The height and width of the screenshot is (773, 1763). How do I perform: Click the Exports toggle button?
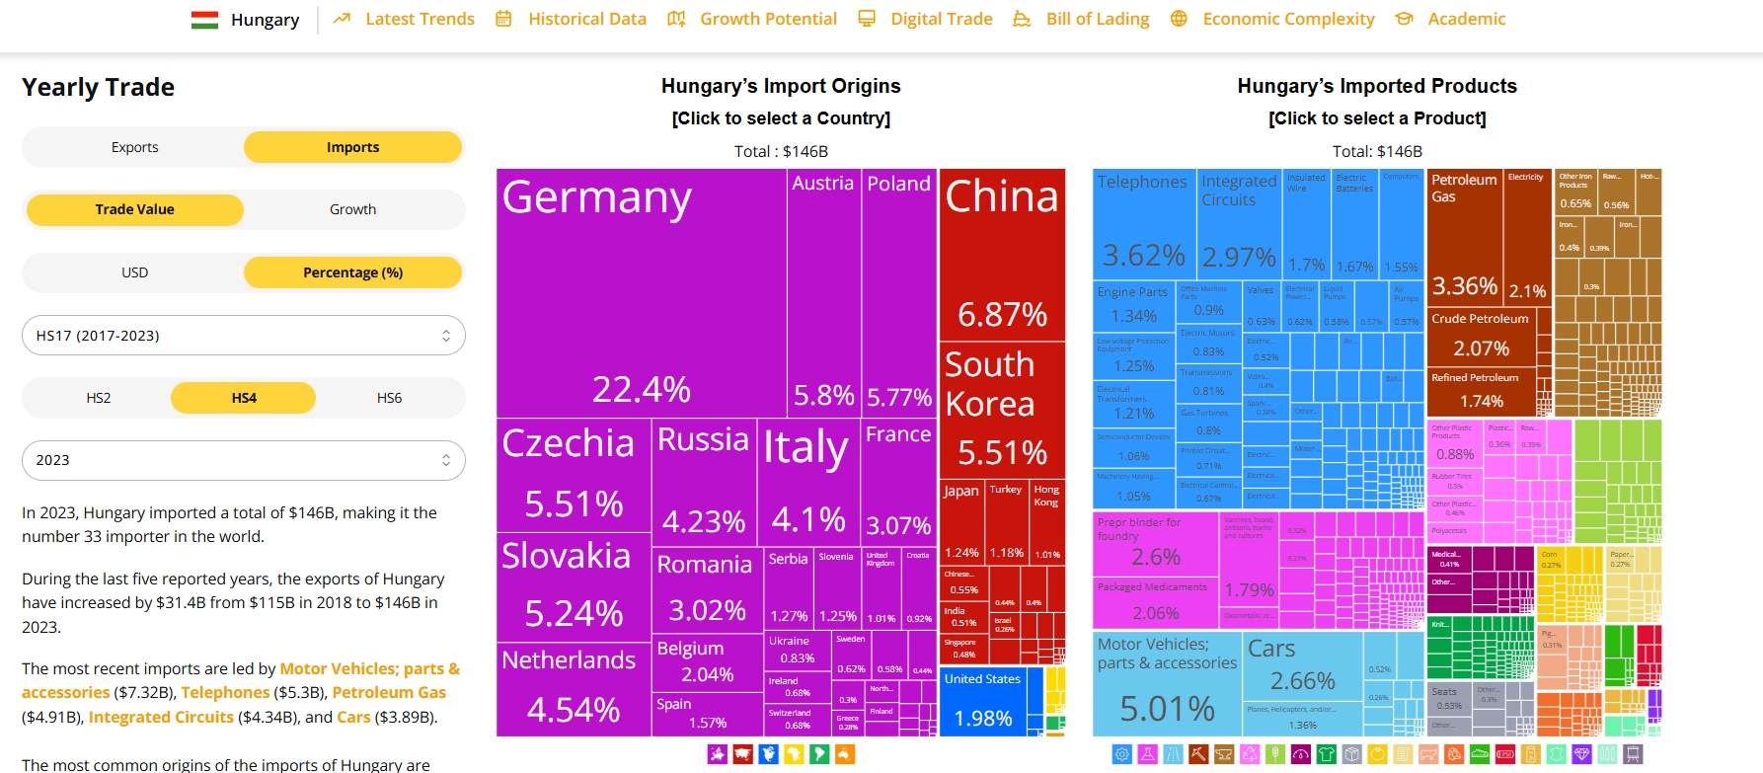click(134, 147)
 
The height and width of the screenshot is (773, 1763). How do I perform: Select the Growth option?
click(352, 209)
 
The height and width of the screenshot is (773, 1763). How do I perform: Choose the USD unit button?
click(134, 272)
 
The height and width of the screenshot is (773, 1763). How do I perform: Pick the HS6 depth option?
click(389, 398)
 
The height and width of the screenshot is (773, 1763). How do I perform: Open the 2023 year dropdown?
click(243, 460)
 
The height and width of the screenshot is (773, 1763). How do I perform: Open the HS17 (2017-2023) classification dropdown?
click(243, 336)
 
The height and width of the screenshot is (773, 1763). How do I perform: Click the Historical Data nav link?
click(586, 19)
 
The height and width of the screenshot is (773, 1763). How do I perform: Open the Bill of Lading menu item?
click(1097, 19)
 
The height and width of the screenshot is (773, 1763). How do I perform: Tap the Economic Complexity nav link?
click(1287, 19)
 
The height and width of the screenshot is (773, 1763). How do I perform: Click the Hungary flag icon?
click(204, 20)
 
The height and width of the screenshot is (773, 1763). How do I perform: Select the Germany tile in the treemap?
click(642, 293)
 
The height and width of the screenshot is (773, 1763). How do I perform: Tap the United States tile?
click(982, 702)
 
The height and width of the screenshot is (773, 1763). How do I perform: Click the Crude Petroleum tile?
click(1481, 336)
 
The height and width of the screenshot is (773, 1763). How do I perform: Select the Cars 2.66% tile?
click(1302, 666)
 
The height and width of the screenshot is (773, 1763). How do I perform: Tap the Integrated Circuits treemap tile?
click(1239, 222)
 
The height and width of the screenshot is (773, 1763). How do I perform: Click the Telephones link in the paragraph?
click(225, 693)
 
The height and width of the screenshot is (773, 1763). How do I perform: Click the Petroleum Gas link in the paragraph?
click(389, 693)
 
